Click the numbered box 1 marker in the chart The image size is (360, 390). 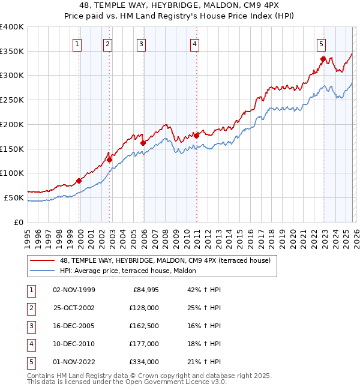[x=78, y=43]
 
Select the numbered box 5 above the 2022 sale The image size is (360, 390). [x=322, y=43]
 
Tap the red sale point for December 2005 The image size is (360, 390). [x=143, y=143]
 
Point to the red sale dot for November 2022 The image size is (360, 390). [x=323, y=59]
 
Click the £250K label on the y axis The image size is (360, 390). [x=12, y=100]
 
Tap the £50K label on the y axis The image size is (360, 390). [x=14, y=197]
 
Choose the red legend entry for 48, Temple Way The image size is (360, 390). [x=165, y=260]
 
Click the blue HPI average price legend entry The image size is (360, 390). [x=132, y=271]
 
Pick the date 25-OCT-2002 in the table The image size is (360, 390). [x=74, y=308]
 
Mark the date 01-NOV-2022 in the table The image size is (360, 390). [x=74, y=362]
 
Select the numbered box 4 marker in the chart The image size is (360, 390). [x=196, y=43]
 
